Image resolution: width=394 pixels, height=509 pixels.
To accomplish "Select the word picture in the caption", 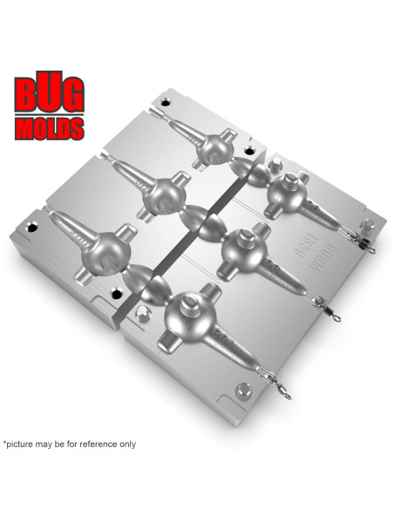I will click(25, 444).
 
